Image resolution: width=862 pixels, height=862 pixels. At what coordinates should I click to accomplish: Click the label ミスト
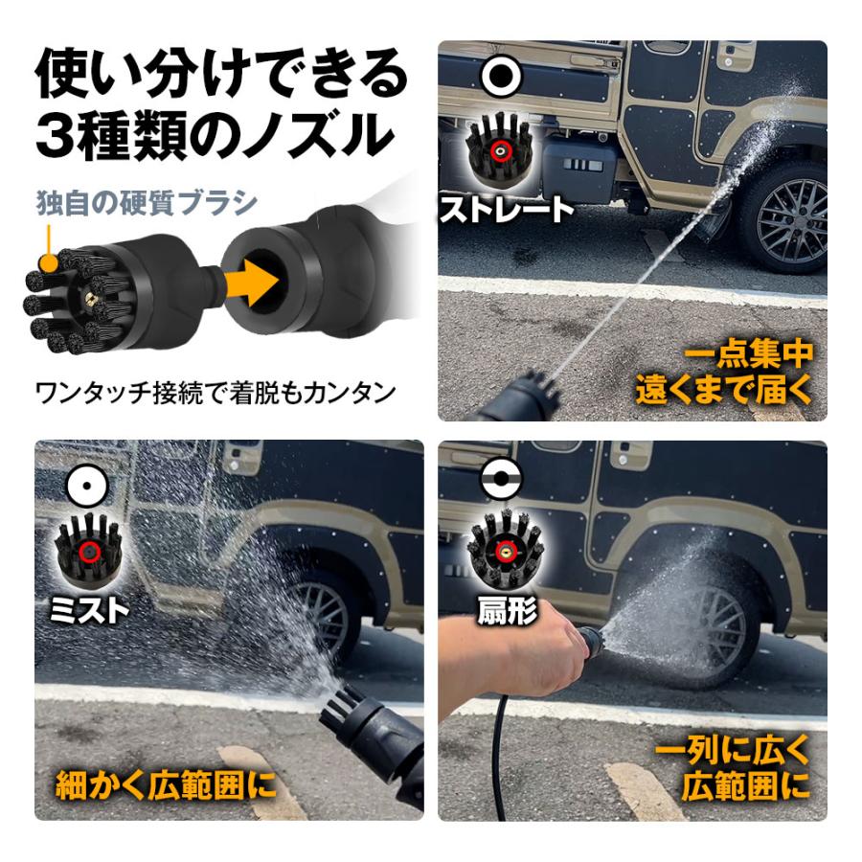click(x=91, y=609)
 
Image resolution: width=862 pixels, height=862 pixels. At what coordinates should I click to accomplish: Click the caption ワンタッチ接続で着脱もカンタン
click(x=215, y=393)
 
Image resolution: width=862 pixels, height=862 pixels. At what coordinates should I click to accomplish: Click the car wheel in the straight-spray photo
click(x=783, y=218)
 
